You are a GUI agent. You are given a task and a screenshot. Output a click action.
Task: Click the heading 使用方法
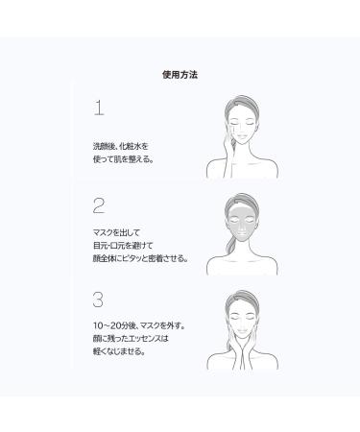click(x=180, y=72)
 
